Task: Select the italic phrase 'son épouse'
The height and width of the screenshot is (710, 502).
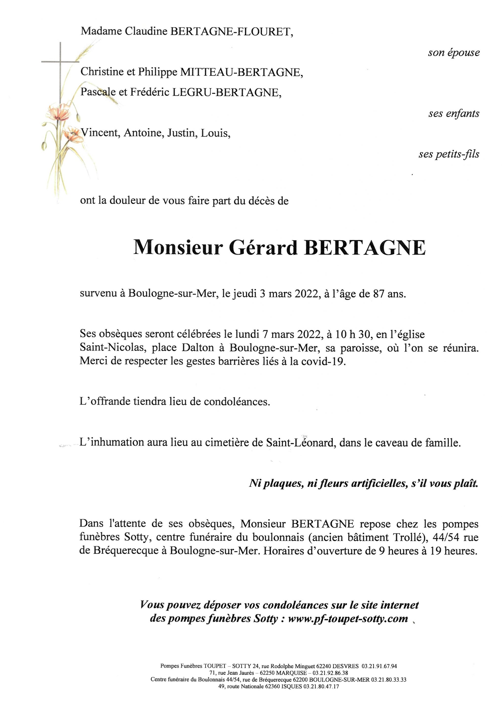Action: tap(453, 53)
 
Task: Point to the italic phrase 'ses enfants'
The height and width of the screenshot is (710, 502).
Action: tap(454, 114)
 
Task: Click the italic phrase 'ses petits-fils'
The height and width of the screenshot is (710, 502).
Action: tap(449, 154)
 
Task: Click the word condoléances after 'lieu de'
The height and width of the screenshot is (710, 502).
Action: tap(237, 402)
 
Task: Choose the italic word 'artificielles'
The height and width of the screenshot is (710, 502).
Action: tap(378, 484)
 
